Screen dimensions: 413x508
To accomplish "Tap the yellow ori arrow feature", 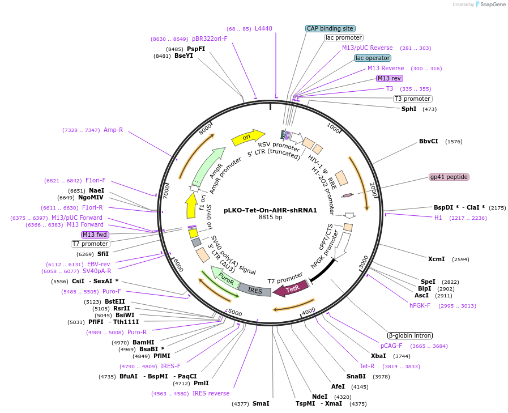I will [247, 137].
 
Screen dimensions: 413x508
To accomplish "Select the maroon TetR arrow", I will [291, 289].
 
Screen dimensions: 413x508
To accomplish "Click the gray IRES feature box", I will [255, 290].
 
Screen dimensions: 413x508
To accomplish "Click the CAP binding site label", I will [330, 28].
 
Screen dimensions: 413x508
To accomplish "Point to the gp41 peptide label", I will [449, 177].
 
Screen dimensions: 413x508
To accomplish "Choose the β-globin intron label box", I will [410, 335].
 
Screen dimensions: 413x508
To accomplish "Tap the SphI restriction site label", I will [409, 109].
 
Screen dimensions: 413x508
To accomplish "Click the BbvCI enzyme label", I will [429, 141].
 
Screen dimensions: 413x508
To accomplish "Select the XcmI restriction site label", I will [437, 259].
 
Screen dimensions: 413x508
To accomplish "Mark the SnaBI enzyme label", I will [356, 376].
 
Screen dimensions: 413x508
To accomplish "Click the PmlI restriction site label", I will [202, 383].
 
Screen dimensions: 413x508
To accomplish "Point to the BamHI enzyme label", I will [143, 342].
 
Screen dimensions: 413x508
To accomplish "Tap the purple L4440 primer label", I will [263, 28].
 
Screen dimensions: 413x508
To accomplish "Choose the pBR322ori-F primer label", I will [210, 39].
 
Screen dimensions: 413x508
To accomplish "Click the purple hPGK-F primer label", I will [420, 305].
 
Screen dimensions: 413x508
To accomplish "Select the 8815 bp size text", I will [270, 217].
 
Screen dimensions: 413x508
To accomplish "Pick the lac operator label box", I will [373, 58].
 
